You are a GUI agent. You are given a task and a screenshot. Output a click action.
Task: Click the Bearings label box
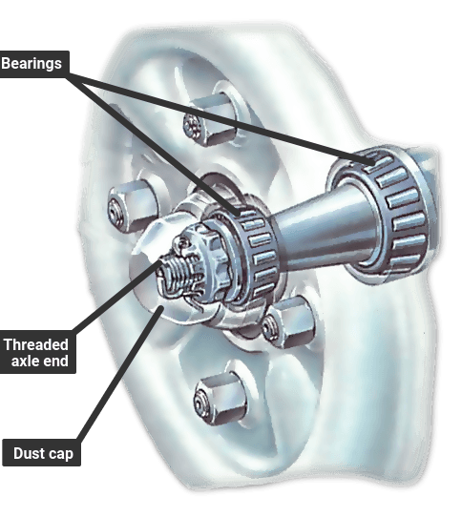[x=34, y=64]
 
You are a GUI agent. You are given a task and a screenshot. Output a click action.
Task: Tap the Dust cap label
[x=42, y=453]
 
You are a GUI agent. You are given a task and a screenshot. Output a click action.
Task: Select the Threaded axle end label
[x=37, y=352]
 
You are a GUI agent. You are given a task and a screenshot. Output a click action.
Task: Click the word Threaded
[x=36, y=344]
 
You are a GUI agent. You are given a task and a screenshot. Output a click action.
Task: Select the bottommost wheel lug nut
[x=220, y=399]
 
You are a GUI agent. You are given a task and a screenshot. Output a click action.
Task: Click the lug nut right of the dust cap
[x=288, y=321]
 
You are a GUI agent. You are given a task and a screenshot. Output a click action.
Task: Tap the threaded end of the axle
[x=175, y=274]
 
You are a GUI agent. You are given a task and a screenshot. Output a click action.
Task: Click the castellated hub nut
[x=204, y=260]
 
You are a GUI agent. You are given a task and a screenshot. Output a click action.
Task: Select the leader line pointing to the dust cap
[x=120, y=373]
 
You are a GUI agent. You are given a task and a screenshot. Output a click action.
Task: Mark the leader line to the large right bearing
[x=221, y=119]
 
